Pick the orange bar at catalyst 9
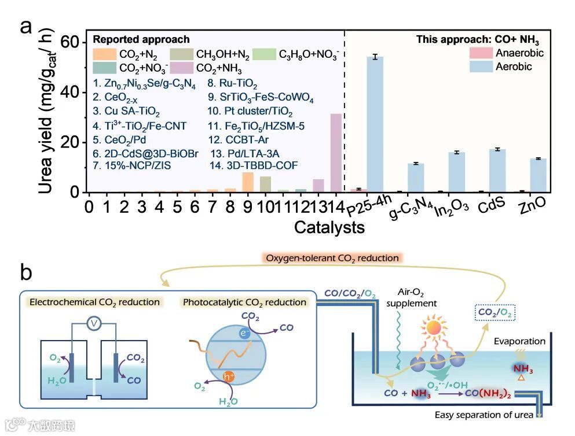(x=248, y=182)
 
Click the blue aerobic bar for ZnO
(x=539, y=175)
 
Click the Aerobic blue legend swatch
(x=479, y=66)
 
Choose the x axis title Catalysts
(x=329, y=227)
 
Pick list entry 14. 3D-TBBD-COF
(x=254, y=166)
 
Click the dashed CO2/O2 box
(x=495, y=313)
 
